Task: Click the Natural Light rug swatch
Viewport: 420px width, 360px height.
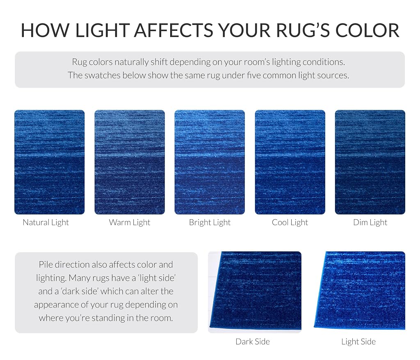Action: [x=50, y=162]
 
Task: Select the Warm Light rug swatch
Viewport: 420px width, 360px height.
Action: [x=130, y=162]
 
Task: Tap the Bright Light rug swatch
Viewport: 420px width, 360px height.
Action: [x=210, y=162]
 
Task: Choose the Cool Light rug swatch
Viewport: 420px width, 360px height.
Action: [x=290, y=162]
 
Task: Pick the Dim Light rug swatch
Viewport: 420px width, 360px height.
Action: [x=370, y=162]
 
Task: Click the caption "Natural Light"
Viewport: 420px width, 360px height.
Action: [x=46, y=223]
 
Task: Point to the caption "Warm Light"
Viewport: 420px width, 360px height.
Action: [x=130, y=223]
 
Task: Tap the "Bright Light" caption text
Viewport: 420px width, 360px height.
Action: [x=210, y=223]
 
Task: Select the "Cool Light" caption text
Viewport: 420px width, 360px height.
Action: [x=290, y=223]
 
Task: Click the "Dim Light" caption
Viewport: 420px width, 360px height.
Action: [x=370, y=223]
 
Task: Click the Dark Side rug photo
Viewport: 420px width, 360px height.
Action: [x=255, y=292]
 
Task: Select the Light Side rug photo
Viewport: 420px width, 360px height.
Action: [x=359, y=291]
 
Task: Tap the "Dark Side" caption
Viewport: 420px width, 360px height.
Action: [x=253, y=342]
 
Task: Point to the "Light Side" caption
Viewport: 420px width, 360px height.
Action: [x=358, y=342]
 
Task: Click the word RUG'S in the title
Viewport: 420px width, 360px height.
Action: [x=303, y=30]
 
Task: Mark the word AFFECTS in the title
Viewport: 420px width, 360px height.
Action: [x=173, y=30]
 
